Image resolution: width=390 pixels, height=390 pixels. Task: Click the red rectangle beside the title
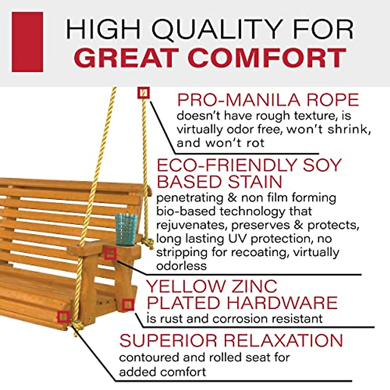(x=27, y=42)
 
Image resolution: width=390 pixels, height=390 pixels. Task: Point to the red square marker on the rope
(x=143, y=93)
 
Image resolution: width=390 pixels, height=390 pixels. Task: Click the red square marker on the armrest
(x=110, y=253)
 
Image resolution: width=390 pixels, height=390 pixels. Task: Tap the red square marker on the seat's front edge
(x=63, y=316)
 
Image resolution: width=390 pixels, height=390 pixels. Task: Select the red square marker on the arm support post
(x=128, y=305)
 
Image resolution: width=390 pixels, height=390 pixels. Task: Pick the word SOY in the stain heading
(x=322, y=165)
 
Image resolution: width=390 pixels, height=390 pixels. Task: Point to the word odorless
(x=181, y=266)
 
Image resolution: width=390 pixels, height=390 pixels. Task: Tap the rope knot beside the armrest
(x=149, y=242)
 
